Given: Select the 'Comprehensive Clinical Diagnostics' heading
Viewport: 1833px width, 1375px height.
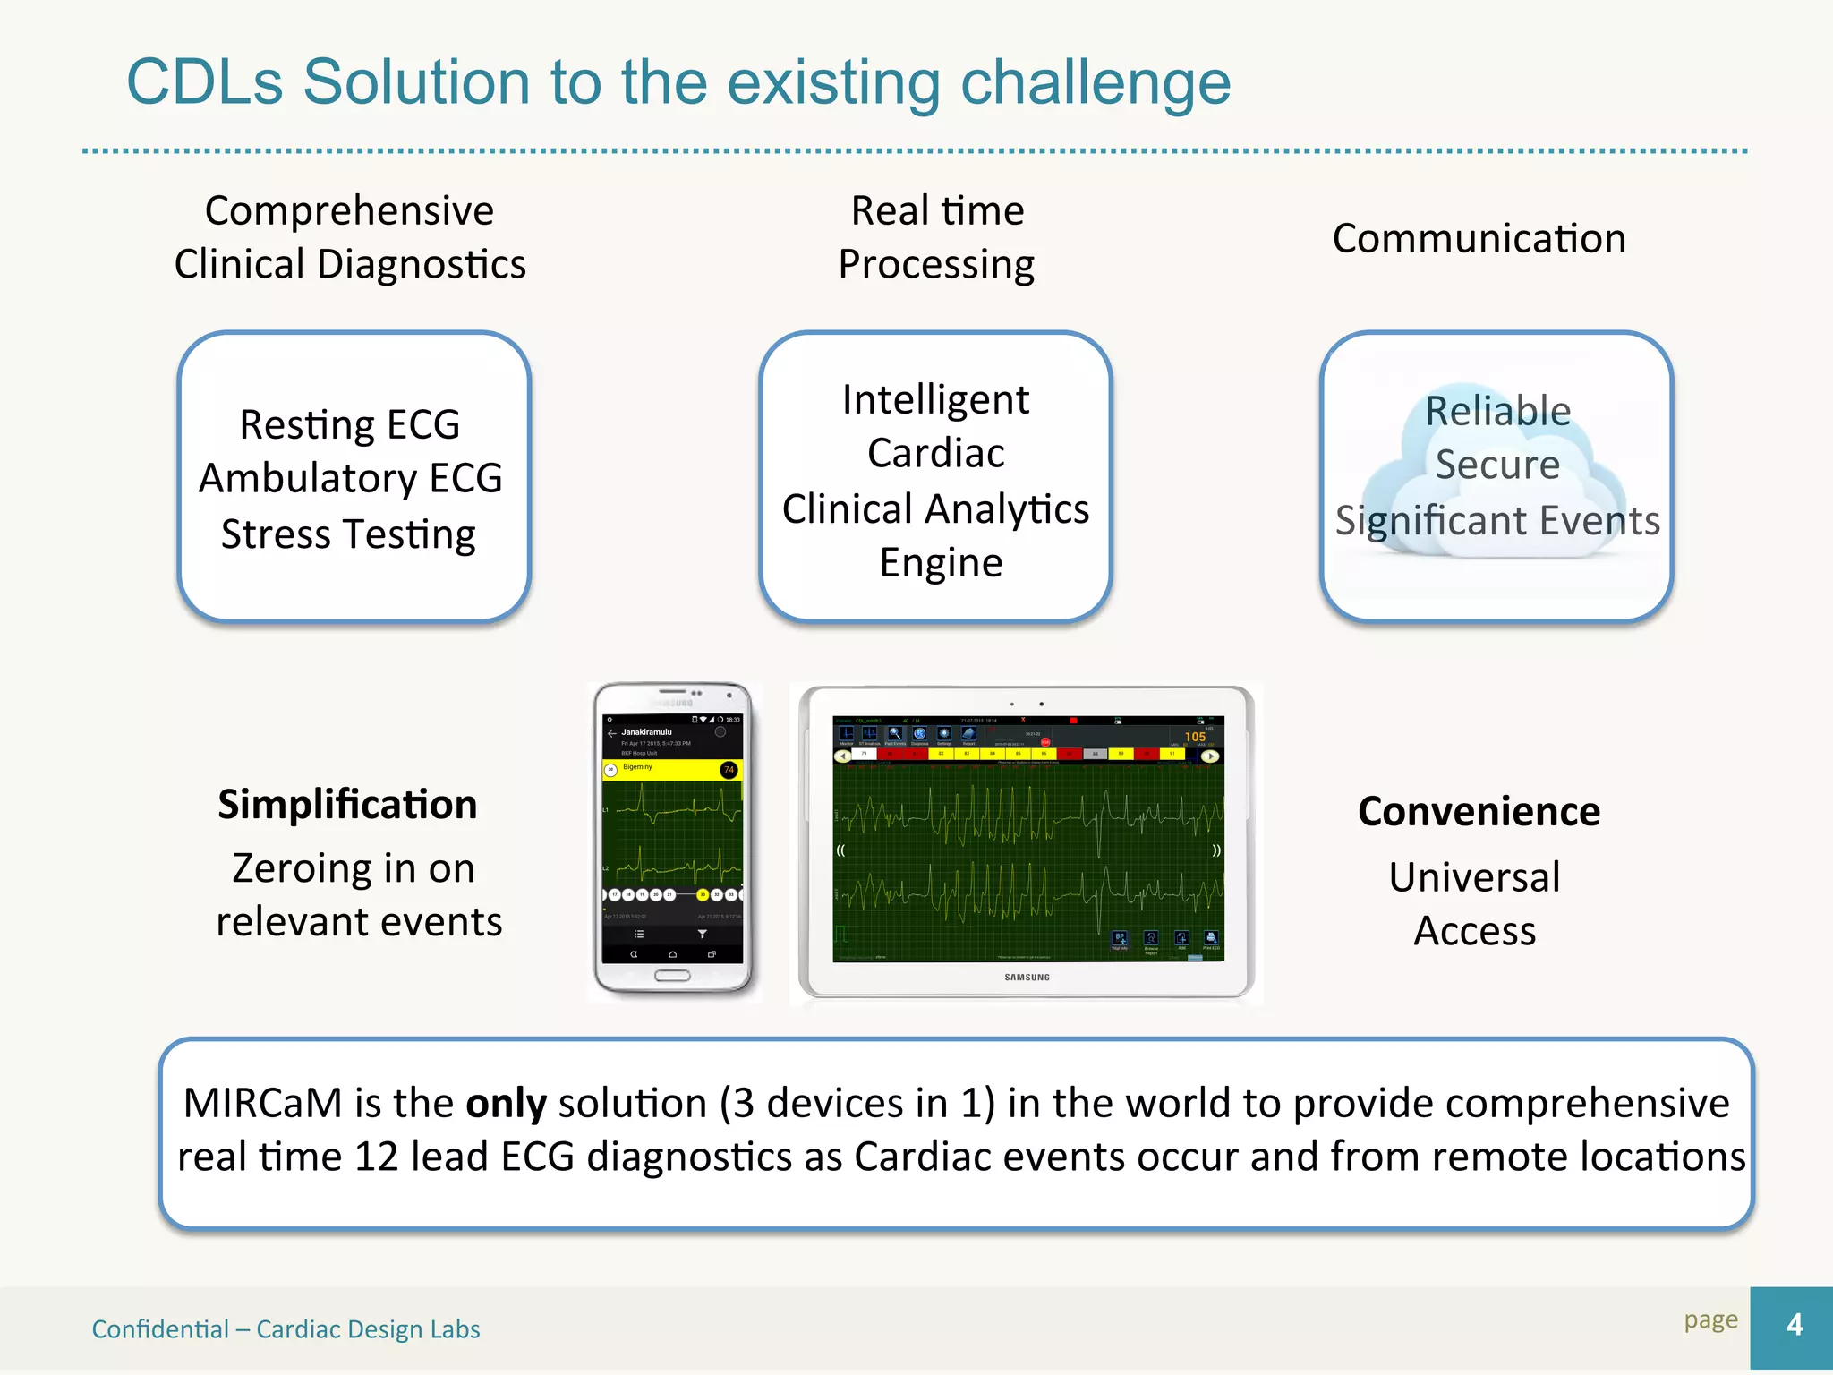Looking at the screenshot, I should pyautogui.click(x=350, y=237).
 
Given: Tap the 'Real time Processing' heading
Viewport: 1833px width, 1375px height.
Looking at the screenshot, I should pyautogui.click(x=936, y=237).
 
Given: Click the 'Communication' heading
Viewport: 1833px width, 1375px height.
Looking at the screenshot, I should pyautogui.click(x=1479, y=239).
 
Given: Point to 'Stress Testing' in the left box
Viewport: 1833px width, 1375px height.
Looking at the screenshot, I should pyautogui.click(x=348, y=534).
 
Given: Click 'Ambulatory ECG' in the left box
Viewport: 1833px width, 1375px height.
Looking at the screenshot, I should pyautogui.click(x=350, y=478).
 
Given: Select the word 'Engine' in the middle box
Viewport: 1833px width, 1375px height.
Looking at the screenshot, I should pyautogui.click(x=941, y=563).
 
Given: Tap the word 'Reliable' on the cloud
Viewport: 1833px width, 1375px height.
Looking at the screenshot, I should pyautogui.click(x=1497, y=411).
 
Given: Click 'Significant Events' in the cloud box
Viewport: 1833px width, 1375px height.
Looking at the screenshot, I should pyautogui.click(x=1497, y=521).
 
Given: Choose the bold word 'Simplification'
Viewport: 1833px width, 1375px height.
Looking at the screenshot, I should pyautogui.click(x=347, y=805).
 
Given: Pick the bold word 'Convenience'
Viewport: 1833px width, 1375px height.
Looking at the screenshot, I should pyautogui.click(x=1479, y=812).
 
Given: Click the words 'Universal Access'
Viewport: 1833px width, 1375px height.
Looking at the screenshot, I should pyautogui.click(x=1475, y=904).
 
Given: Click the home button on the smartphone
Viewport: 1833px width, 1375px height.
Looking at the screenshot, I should pyautogui.click(x=672, y=976).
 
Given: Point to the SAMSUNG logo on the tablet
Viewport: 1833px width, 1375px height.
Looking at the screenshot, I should pyautogui.click(x=1027, y=978).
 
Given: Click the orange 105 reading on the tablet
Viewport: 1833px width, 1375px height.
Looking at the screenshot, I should pyautogui.click(x=1195, y=737).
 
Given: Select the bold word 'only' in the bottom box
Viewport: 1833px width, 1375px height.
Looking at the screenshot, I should pyautogui.click(x=506, y=1104).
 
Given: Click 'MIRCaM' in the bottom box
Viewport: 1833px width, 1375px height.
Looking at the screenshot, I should pyautogui.click(x=262, y=1104).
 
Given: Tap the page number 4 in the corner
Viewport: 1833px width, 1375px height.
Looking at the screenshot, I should pyautogui.click(x=1794, y=1325).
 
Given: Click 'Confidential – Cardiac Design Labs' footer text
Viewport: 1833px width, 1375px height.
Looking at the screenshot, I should pyautogui.click(x=286, y=1329).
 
